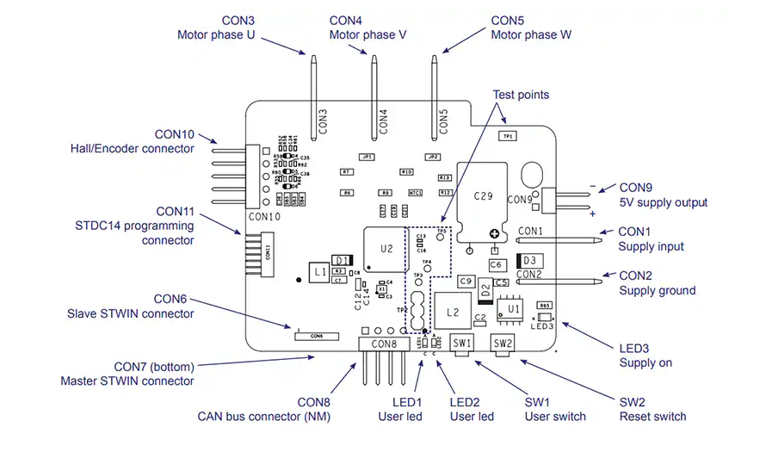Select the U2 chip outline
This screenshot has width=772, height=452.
386,249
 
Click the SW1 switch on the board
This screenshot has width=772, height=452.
461,343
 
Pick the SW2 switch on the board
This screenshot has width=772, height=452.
503,343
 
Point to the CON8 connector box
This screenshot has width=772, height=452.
384,344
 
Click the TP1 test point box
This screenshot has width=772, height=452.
508,136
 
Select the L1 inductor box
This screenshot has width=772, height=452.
319,271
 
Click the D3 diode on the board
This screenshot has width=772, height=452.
528,260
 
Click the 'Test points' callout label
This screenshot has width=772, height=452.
521,95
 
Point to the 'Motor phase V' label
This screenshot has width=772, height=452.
367,35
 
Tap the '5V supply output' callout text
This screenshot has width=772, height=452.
663,202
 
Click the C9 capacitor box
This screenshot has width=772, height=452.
466,281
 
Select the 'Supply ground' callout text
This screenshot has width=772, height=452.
657,290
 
